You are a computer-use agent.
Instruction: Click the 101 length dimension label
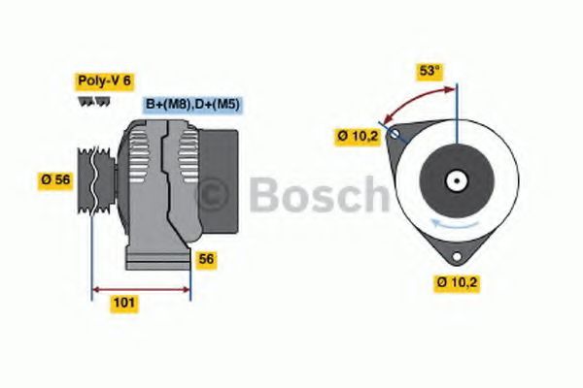click(x=124, y=303)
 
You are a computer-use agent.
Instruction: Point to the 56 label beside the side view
click(x=206, y=258)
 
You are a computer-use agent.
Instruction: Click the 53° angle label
click(x=429, y=70)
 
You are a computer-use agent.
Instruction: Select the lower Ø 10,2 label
click(x=456, y=282)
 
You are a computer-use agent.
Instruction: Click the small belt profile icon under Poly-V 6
click(x=88, y=101)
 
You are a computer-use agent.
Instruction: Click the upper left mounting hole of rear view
click(x=394, y=136)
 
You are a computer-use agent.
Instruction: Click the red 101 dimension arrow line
click(x=140, y=288)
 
